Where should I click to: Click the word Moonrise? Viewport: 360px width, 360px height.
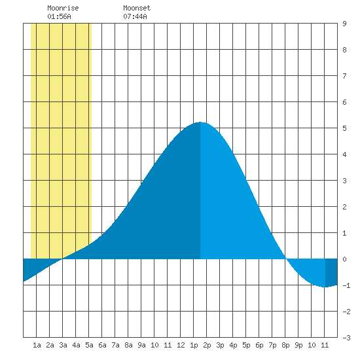(x=63, y=8)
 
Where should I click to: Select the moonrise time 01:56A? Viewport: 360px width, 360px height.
(x=59, y=16)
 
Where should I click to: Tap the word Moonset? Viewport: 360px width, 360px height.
(x=137, y=8)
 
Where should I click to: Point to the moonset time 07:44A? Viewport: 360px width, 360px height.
(x=135, y=16)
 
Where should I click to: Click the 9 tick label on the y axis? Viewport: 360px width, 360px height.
(x=344, y=24)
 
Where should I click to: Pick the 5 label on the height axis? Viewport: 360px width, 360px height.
(x=344, y=128)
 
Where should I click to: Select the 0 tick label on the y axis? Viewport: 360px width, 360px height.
(x=344, y=259)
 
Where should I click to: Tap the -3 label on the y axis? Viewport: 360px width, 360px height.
(x=346, y=338)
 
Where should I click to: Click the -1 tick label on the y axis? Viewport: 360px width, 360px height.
(x=346, y=285)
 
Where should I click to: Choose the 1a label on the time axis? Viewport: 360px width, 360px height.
(x=37, y=345)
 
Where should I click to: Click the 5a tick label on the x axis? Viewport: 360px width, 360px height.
(x=89, y=345)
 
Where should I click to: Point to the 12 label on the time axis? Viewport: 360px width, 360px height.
(x=181, y=345)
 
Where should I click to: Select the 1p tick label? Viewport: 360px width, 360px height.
(x=194, y=345)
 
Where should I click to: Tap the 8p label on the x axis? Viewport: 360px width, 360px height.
(x=285, y=345)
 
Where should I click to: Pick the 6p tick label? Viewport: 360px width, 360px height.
(x=259, y=345)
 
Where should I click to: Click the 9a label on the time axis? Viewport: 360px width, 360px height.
(x=141, y=345)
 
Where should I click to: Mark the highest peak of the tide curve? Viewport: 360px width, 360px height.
(x=200, y=122)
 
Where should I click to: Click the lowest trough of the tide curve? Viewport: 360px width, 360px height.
(x=325, y=287)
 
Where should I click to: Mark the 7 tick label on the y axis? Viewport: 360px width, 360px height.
(x=344, y=76)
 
